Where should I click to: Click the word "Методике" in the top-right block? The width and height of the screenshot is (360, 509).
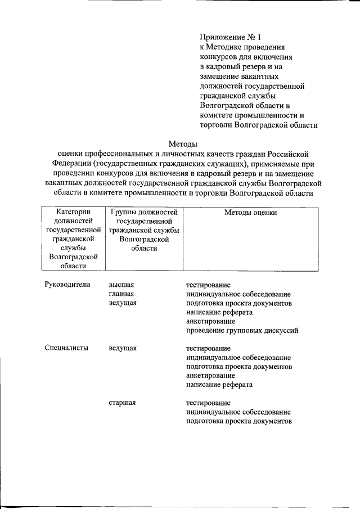pos(225,47)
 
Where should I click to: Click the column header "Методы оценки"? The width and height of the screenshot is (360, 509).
pos(250,213)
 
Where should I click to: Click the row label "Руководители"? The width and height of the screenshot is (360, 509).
pos(67,285)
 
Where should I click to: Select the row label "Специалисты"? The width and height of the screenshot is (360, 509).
pos(66,348)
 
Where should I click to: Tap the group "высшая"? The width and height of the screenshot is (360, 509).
pos(121,285)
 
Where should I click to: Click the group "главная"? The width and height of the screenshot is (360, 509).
pos(121,294)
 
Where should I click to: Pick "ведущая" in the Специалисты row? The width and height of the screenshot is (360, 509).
pos(123,348)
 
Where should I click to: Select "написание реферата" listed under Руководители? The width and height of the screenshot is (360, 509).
pos(219,312)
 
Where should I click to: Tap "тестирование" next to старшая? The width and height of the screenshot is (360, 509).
pos(208,403)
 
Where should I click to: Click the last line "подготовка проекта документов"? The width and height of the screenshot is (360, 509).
pos(238,421)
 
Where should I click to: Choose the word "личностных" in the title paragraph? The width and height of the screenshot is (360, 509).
pos(202,154)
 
